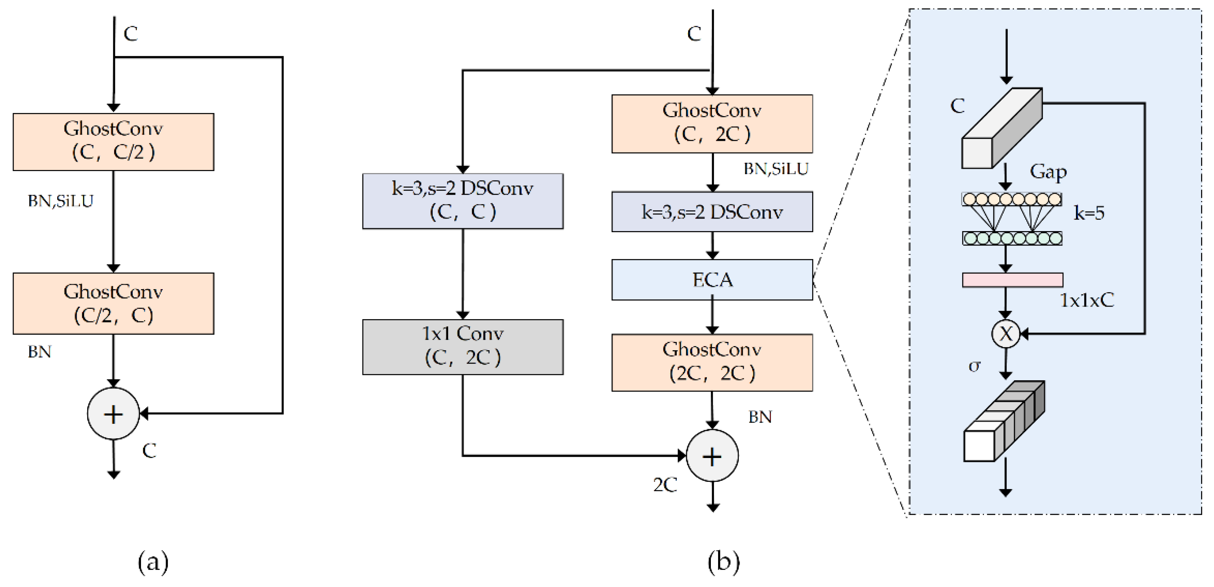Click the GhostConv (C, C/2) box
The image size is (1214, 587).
point(113,142)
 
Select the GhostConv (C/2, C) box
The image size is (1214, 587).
point(113,303)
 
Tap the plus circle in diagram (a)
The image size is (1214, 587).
point(113,414)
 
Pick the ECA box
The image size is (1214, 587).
point(712,280)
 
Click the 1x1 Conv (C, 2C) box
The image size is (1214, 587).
point(463,346)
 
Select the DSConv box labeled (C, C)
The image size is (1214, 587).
point(463,201)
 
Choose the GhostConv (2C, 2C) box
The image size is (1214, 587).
point(712,362)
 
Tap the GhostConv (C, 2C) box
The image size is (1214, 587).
point(712,124)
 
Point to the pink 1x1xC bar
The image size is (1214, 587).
point(1012,280)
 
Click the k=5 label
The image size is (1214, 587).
point(1089,213)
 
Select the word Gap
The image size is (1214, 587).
point(1048,172)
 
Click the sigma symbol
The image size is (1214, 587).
point(974,366)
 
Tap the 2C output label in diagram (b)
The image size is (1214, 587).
point(665,485)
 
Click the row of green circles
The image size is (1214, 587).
point(1012,238)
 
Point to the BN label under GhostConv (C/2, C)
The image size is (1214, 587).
point(39,352)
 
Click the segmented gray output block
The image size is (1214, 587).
point(1004,421)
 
